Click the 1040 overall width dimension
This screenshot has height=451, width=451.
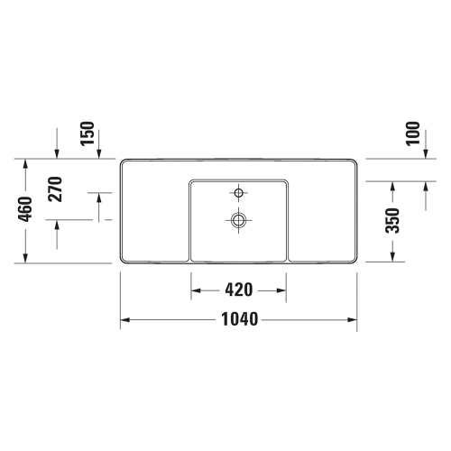tap(240, 319)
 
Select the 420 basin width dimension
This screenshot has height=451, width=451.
tap(239, 290)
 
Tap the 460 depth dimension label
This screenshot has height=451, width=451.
tap(25, 209)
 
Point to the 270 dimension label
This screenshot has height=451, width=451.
tap(56, 189)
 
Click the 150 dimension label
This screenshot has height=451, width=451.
tap(87, 133)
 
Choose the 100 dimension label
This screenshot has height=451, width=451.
tap(413, 133)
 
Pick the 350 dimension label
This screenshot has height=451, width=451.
tap(392, 220)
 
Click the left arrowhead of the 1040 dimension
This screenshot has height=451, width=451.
tap(124, 319)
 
